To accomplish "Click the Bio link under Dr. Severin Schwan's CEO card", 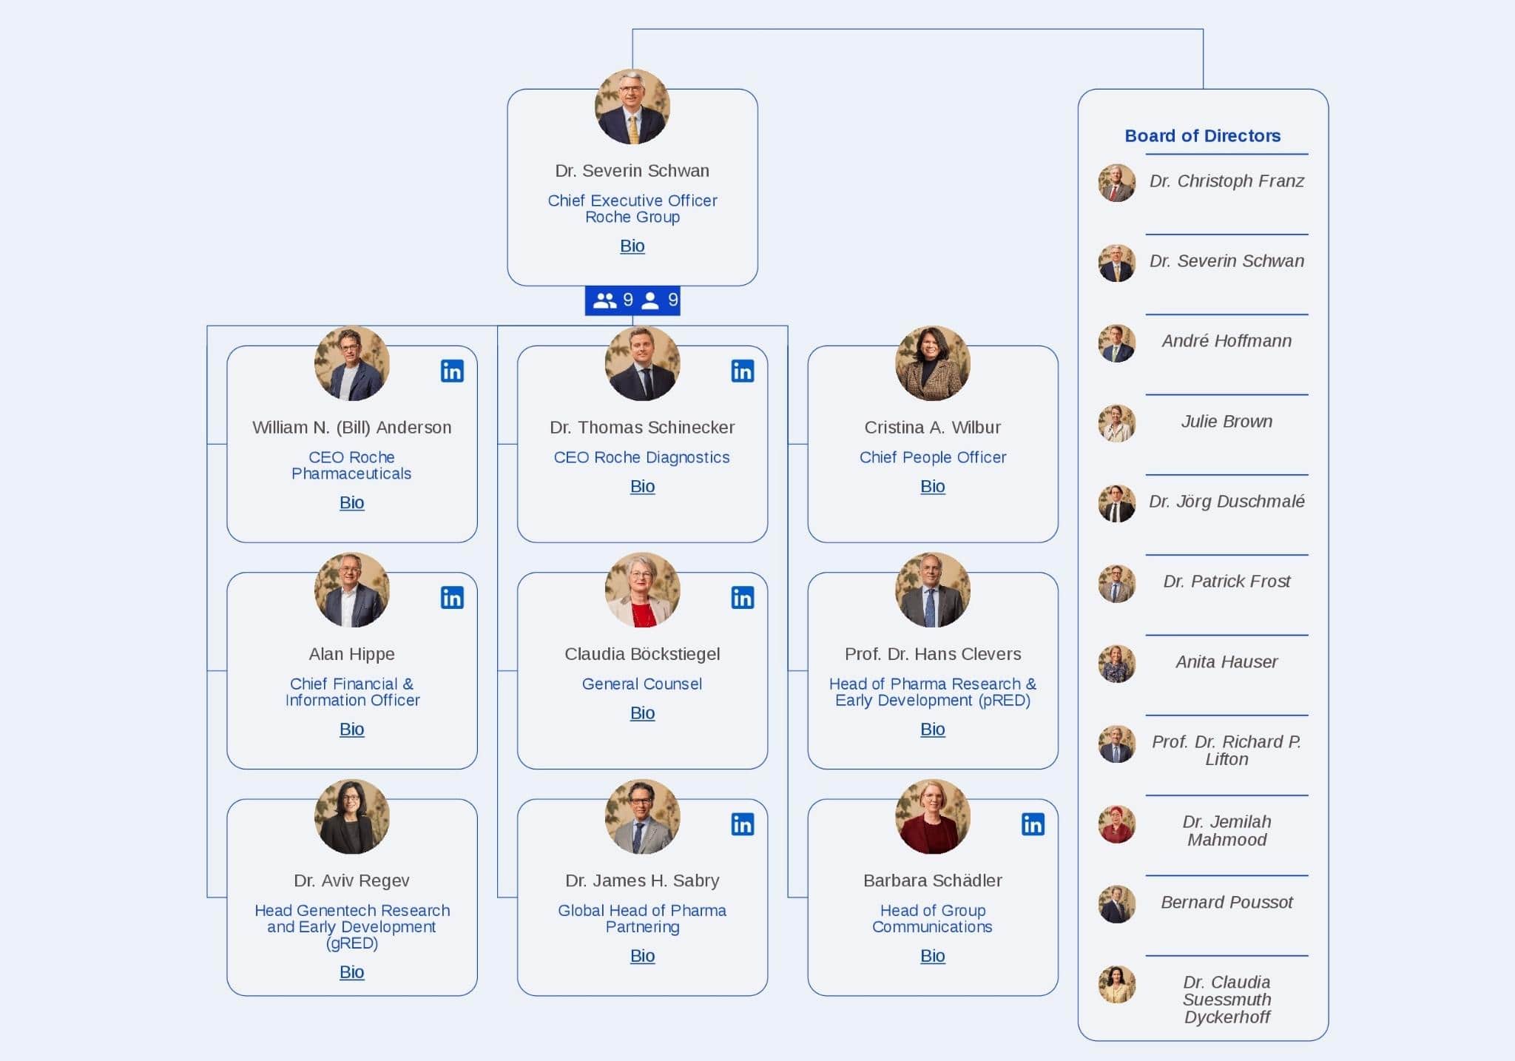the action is point(632,246).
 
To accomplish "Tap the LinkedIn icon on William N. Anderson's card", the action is point(452,371).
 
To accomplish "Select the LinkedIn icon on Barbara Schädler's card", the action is point(1033,823).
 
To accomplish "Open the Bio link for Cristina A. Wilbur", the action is point(932,486).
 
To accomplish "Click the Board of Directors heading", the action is point(1202,135).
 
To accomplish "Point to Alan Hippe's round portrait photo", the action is point(351,590).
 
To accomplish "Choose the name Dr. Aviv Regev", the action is point(351,880).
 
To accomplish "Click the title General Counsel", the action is point(641,684).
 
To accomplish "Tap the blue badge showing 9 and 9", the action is point(632,300).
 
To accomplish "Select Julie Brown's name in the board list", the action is point(1226,421).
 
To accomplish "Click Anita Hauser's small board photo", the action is point(1116,664).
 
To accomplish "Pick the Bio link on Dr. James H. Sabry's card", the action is point(642,955).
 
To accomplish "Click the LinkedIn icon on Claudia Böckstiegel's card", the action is point(742,597).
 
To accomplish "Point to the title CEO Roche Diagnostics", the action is point(641,457).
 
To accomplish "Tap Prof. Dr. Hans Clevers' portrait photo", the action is point(932,590).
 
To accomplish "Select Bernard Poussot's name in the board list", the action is point(1226,902).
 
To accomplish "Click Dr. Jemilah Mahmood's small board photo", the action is point(1116,824).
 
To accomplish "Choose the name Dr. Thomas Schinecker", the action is point(641,427).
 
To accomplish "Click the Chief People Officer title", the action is point(932,457).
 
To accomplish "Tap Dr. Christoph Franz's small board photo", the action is point(1116,183).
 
